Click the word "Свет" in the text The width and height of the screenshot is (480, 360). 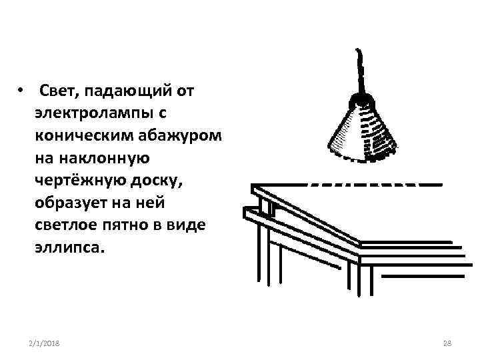[57, 90]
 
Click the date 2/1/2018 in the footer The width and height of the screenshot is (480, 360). [45, 342]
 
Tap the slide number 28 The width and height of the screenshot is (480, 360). [447, 342]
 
